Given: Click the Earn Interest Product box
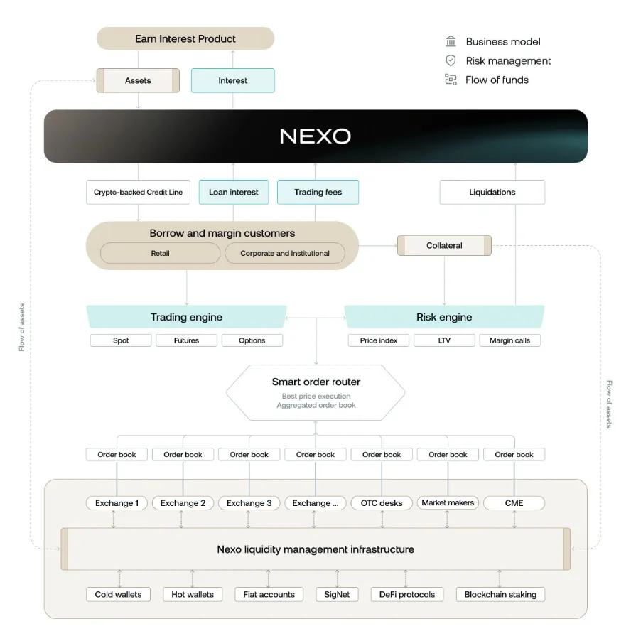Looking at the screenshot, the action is [185, 38].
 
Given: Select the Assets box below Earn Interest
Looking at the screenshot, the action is [138, 80].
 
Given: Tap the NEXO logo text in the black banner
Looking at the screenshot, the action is [315, 136].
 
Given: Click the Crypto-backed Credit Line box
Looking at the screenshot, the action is [138, 192].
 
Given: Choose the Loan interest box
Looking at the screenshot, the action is [233, 192].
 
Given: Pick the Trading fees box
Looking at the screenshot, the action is [318, 192].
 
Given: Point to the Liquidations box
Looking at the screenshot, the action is [492, 192].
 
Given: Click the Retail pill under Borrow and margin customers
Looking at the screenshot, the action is [160, 253].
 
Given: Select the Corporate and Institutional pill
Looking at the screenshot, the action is [285, 253].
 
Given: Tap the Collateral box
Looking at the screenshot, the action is [444, 245].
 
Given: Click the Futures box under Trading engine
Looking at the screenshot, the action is [186, 340].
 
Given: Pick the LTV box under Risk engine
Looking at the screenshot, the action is [444, 340].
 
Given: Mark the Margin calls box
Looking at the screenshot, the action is [509, 340].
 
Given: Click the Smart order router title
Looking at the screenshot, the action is [316, 382].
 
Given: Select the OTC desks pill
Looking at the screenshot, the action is [382, 503].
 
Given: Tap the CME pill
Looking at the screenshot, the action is [514, 503].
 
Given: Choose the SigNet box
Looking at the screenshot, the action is [337, 594].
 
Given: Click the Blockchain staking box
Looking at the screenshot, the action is [500, 594].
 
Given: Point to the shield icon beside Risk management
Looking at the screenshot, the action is [451, 60].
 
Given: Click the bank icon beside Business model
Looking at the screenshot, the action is [451, 41].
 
